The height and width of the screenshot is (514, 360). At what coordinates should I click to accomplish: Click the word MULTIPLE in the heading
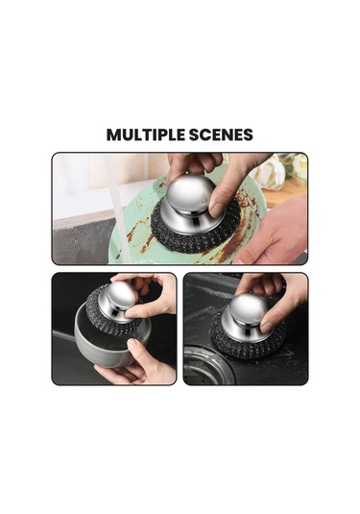(x=146, y=135)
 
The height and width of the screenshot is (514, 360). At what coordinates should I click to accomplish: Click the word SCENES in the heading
(x=221, y=135)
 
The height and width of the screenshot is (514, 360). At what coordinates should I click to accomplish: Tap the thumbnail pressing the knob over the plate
(x=216, y=209)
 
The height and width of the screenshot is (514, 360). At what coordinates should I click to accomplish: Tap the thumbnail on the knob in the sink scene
(x=266, y=327)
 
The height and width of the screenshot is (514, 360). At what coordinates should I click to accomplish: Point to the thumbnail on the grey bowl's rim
(x=132, y=343)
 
